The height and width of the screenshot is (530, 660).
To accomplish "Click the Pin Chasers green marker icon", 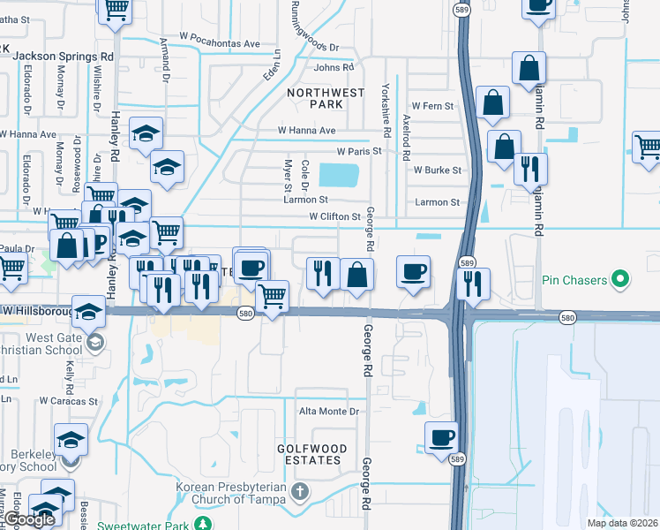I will pos(620,281).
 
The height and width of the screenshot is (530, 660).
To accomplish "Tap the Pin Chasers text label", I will pos(573,281).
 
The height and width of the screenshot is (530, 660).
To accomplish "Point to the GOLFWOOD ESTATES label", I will pos(309,454).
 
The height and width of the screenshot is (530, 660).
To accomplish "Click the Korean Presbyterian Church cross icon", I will pos(299,490).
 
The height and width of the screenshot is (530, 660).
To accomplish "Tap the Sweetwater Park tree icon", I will pos(203,523).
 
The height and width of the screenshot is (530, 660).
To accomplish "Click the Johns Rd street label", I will pos(334,67).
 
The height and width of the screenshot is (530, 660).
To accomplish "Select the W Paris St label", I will pos(357,151).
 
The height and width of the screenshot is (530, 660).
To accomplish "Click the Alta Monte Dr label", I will pos(331,412).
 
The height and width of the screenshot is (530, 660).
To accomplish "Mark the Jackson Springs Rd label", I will pos(64,55).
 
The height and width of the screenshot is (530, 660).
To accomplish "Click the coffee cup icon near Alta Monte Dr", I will pos(441,436).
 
